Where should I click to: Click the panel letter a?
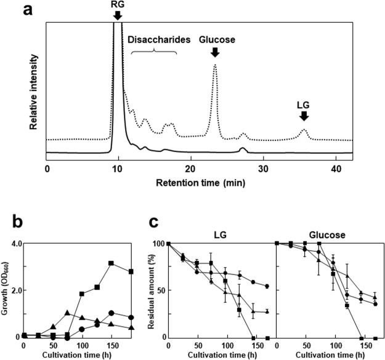coord(10,10)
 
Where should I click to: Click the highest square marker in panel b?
coord(111,263)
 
